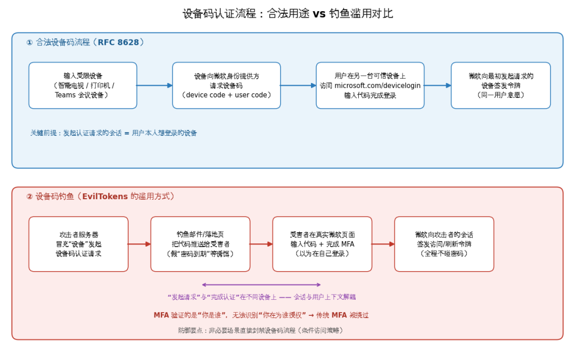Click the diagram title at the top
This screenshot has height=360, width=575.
pyautogui.click(x=287, y=13)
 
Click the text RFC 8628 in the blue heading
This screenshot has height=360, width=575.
pyautogui.click(x=118, y=42)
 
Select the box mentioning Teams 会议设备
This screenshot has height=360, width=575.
pyautogui.click(x=83, y=86)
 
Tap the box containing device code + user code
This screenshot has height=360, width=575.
pyautogui.click(x=227, y=86)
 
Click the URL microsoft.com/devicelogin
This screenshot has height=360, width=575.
pyautogui.click(x=377, y=86)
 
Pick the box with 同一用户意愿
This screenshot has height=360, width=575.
pyautogui.click(x=501, y=86)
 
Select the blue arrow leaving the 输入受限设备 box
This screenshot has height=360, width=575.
pyautogui.click(x=154, y=86)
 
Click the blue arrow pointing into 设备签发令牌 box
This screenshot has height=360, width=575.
pyautogui.click(x=438, y=86)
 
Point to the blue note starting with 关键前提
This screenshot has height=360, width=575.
pyautogui.click(x=114, y=133)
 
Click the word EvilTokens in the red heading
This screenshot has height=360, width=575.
pyautogui.click(x=105, y=197)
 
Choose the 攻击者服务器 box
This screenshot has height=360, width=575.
pyautogui.click(x=78, y=244)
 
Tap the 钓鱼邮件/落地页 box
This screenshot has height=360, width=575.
pyautogui.click(x=200, y=244)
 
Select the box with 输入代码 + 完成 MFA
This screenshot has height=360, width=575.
pyautogui.click(x=322, y=244)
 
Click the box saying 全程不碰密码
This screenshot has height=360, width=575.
pyautogui.click(x=444, y=244)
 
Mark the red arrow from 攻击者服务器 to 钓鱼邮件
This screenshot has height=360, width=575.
pyautogui.click(x=139, y=244)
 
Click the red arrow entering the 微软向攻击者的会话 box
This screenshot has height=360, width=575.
pyautogui.click(x=383, y=244)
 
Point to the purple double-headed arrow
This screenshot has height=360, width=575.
pyautogui.click(x=261, y=285)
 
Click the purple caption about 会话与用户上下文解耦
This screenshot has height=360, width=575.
pyautogui.click(x=261, y=297)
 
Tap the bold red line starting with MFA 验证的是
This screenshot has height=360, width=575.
pyautogui.click(x=261, y=315)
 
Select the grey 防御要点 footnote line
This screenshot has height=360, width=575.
pyautogui.click(x=261, y=330)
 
